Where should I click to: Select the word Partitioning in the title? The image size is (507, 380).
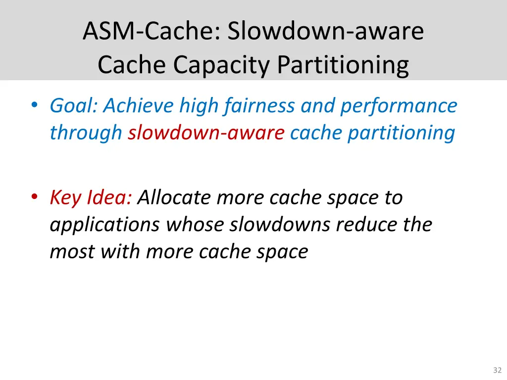(x=343, y=65)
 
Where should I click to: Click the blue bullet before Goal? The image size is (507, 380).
(x=34, y=106)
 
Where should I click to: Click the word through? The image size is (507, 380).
(x=86, y=133)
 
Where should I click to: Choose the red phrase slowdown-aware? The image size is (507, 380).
(x=205, y=133)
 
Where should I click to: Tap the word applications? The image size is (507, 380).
(x=104, y=225)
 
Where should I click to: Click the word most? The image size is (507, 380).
(x=72, y=252)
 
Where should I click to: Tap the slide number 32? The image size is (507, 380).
(x=497, y=370)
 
